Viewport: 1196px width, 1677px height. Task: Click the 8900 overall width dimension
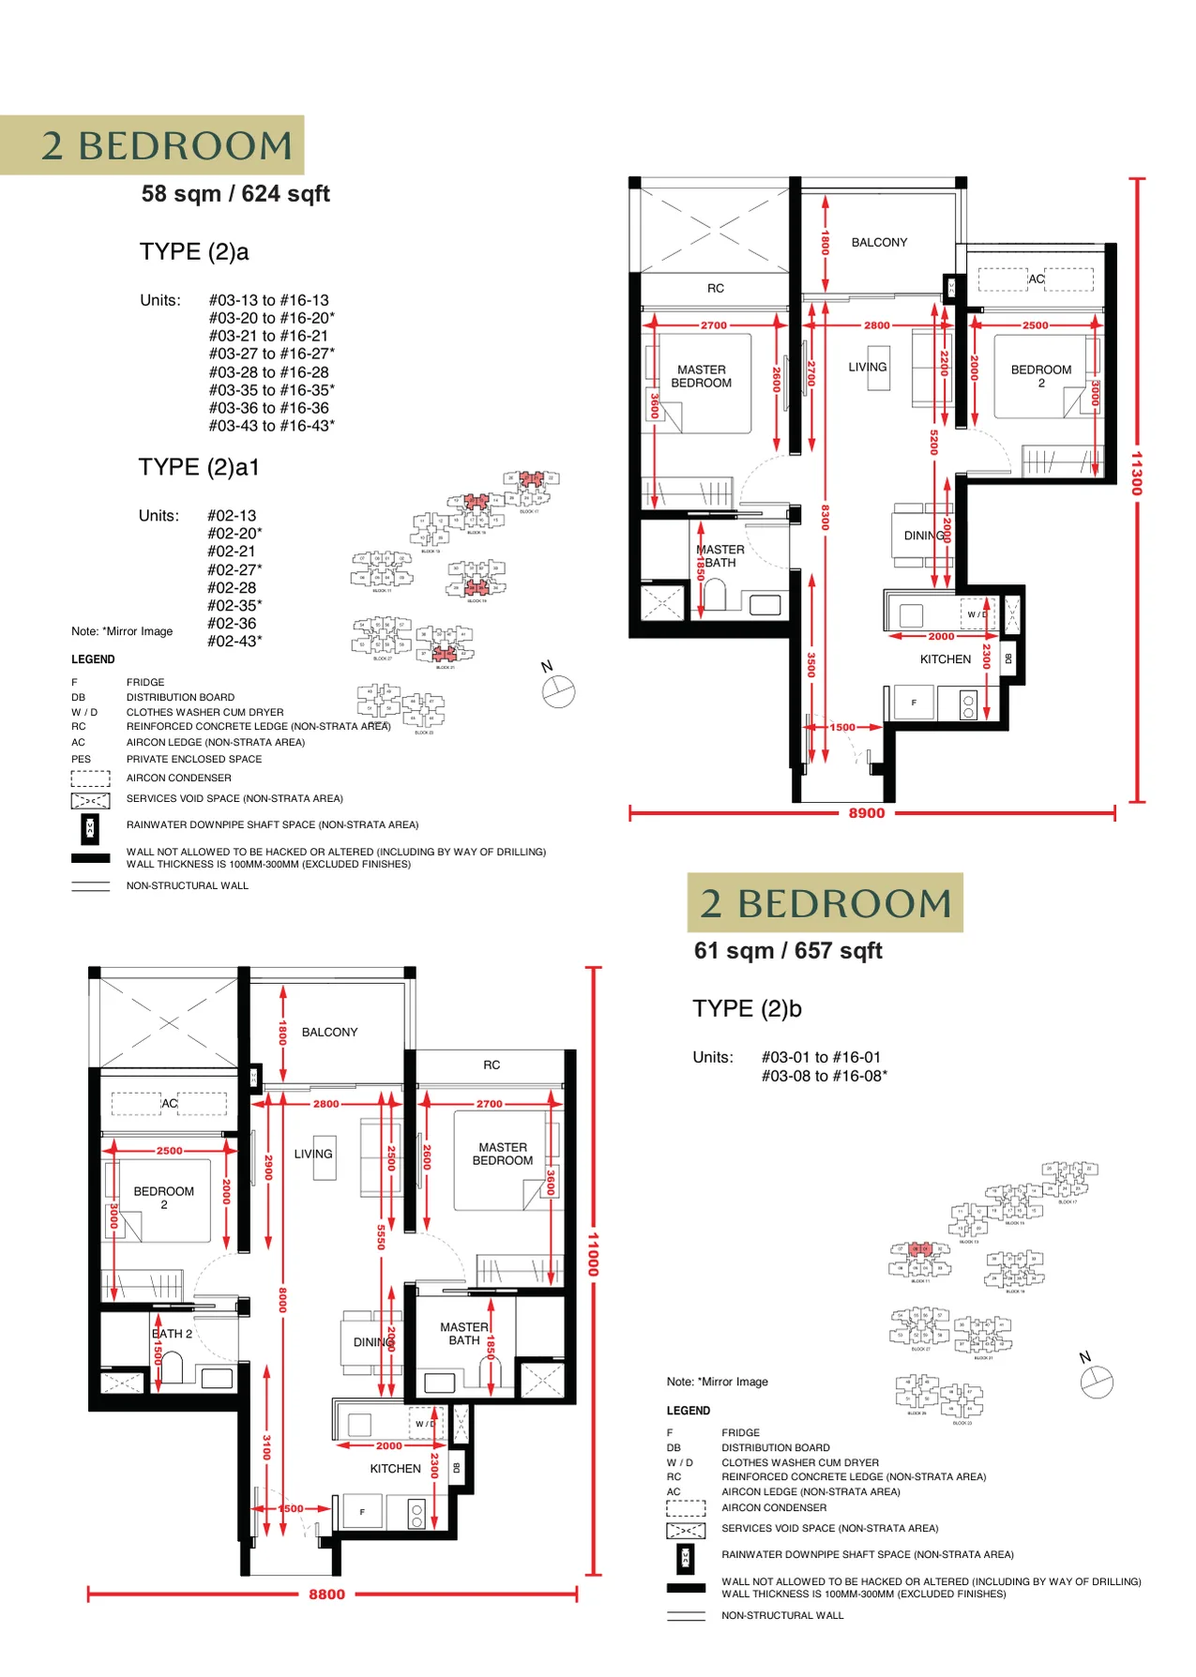point(866,813)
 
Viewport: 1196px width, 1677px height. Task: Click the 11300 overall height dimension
point(1136,474)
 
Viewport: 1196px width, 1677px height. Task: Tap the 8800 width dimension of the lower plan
point(326,1594)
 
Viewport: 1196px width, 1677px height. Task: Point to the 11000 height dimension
point(592,1254)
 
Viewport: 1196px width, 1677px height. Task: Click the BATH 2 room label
point(173,1333)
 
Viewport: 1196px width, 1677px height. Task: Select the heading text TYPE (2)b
point(747,1008)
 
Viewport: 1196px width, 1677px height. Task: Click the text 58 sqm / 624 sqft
point(235,194)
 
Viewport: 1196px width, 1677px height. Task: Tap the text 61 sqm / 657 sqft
point(788,951)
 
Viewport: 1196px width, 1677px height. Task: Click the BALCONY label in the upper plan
point(879,242)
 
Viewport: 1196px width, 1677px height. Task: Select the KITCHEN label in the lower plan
point(395,1469)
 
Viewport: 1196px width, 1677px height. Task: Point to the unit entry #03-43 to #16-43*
point(271,426)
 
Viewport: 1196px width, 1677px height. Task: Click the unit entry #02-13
point(232,516)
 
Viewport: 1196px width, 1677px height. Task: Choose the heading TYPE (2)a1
point(199,467)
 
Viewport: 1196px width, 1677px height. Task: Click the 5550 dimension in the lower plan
point(381,1237)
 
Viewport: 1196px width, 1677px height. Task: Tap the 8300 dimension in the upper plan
point(825,517)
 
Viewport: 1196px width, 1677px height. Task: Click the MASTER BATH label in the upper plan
point(720,556)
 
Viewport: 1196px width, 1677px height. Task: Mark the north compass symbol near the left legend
point(557,691)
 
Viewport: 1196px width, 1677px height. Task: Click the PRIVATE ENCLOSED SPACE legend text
point(194,759)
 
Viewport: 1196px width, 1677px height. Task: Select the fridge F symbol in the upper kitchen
point(914,703)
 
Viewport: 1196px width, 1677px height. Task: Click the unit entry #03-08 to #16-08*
point(824,1076)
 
